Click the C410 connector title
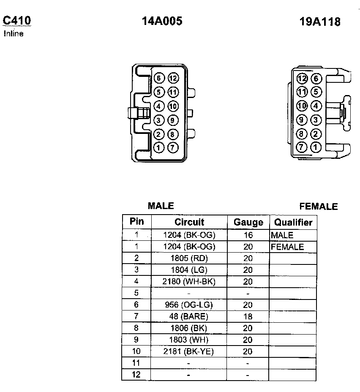(x=16, y=21)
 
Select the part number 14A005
(x=162, y=21)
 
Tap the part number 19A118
(x=320, y=22)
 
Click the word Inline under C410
(x=14, y=34)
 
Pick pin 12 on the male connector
(x=173, y=78)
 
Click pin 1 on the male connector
(x=159, y=148)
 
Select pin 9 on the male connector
(x=173, y=120)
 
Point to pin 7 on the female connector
(x=302, y=147)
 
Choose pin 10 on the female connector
(x=302, y=106)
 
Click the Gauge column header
(x=248, y=223)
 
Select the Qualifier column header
(x=293, y=223)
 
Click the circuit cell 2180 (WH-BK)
(x=189, y=281)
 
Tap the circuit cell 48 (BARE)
(x=189, y=316)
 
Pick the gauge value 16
(x=248, y=235)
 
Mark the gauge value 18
(x=248, y=316)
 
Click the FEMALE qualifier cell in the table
(x=287, y=247)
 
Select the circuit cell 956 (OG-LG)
(x=189, y=305)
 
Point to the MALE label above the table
(x=161, y=206)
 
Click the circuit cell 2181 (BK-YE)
(x=189, y=351)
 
